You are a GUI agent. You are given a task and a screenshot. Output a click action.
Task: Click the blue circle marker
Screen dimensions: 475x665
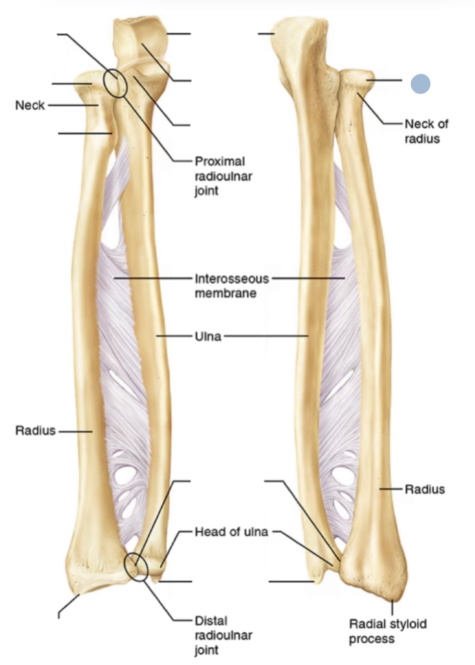click(x=420, y=84)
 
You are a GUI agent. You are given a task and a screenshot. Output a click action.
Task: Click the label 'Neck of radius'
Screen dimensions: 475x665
click(x=426, y=131)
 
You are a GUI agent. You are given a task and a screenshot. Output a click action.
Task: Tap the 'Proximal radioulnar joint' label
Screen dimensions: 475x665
click(x=223, y=176)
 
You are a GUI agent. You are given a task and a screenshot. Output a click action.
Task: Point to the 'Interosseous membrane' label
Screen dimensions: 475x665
click(x=232, y=286)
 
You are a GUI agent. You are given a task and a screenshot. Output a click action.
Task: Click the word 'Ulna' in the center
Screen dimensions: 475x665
click(x=208, y=336)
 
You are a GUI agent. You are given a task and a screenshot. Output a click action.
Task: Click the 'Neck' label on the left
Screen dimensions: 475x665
click(x=30, y=105)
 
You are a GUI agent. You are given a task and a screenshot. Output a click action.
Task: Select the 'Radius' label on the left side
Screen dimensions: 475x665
click(x=35, y=430)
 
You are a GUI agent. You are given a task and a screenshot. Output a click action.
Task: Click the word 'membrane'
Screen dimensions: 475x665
click(x=225, y=293)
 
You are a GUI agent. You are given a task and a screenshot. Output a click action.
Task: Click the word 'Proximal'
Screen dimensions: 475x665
click(x=220, y=162)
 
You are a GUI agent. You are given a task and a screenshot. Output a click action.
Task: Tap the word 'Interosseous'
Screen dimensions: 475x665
click(x=232, y=279)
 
